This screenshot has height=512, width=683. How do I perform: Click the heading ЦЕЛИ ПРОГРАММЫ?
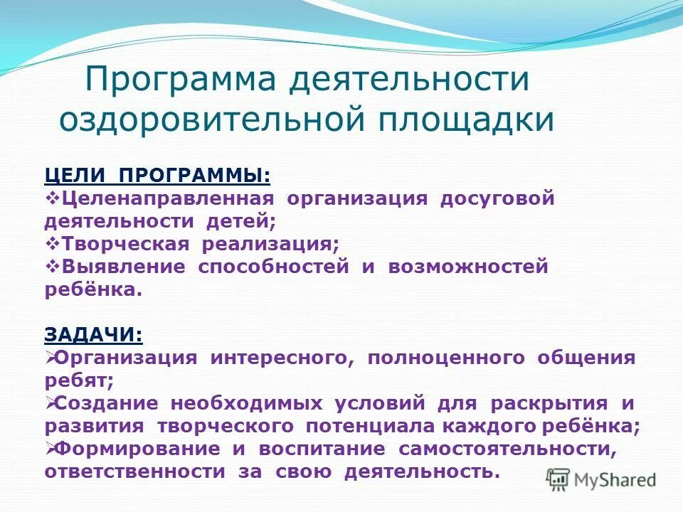(157, 175)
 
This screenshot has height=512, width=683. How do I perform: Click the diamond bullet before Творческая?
(52, 244)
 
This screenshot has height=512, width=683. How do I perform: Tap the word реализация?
(270, 244)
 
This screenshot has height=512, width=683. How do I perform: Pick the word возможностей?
(468, 267)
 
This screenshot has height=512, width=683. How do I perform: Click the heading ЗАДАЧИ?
(93, 334)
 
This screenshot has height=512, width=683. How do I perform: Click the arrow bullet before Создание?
(51, 403)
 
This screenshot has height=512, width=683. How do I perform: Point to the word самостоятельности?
(507, 449)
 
